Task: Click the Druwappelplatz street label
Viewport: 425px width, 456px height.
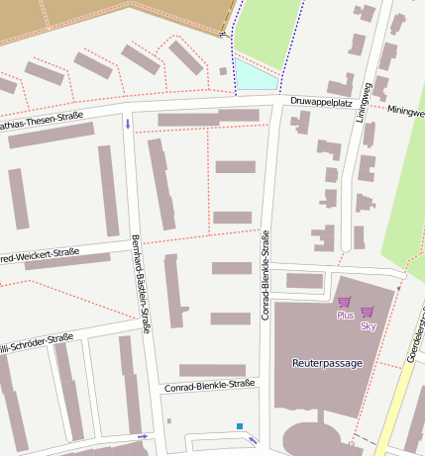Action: point(322,102)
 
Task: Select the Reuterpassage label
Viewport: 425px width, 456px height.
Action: point(327,363)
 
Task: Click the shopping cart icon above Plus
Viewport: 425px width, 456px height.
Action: point(344,302)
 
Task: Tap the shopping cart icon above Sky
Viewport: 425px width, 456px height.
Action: point(368,312)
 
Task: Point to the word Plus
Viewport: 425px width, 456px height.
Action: point(345,316)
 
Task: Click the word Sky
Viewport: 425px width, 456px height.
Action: point(368,325)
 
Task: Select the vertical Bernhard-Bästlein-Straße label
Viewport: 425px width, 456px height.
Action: point(140,283)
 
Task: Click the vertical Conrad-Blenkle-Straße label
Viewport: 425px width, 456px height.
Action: point(266,276)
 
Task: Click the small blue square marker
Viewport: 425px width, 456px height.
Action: point(240,426)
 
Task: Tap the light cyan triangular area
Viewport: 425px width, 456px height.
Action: point(252,75)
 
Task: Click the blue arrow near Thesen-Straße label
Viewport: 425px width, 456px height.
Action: point(128,124)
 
